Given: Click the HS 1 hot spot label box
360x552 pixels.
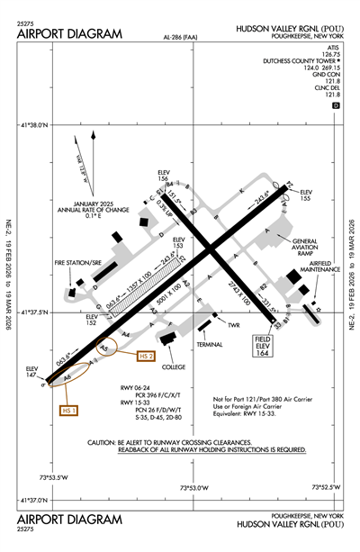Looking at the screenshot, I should tap(66, 411).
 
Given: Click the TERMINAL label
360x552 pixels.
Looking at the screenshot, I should tap(211, 345).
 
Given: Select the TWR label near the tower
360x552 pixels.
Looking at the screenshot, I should tap(233, 323).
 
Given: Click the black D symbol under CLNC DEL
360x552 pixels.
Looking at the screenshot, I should tap(337, 105).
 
